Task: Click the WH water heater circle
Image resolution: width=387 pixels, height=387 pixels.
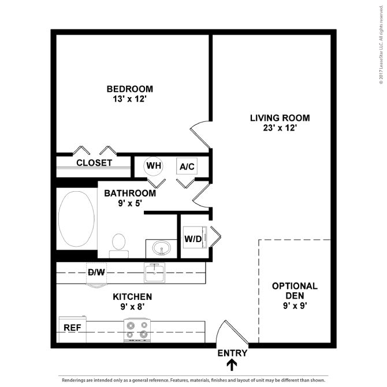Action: [x=153, y=166]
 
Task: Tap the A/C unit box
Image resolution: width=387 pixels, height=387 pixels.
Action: [x=187, y=166]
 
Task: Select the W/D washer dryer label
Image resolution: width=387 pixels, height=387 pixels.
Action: [x=193, y=239]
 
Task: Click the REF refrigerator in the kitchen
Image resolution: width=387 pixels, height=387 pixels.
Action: [x=73, y=329]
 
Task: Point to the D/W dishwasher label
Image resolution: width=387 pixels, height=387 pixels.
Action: [x=96, y=272]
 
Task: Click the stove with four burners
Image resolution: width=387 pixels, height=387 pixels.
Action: [x=137, y=330]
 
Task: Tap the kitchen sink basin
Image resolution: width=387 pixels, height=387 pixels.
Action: [x=154, y=273]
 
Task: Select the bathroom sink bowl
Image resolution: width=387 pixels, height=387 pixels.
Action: [x=162, y=248]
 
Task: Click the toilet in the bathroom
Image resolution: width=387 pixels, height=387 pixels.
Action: [x=119, y=246]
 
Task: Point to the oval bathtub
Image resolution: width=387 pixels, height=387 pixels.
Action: [x=76, y=219]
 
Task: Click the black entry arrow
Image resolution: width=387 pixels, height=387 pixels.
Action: [x=232, y=365]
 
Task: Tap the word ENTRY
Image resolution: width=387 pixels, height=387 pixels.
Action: [x=232, y=353]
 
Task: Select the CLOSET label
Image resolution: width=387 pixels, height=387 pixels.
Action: [x=94, y=163]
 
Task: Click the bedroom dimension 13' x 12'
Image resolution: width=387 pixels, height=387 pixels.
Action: [x=130, y=99]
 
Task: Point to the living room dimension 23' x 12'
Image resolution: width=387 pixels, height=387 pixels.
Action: [x=280, y=128]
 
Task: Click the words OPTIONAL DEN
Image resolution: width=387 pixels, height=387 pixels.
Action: [x=295, y=291]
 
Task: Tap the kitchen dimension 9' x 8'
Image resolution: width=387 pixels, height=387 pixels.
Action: [x=132, y=307]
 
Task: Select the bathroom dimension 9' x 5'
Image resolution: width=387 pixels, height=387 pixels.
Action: [x=130, y=203]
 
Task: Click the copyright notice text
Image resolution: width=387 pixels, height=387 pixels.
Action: [x=381, y=44]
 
